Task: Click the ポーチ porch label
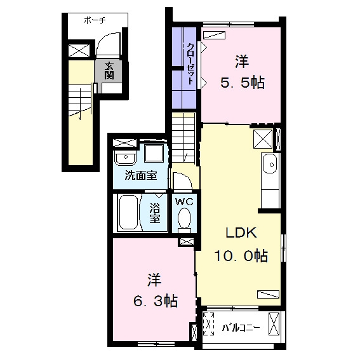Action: pyautogui.click(x=95, y=21)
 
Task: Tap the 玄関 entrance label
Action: pyautogui.click(x=109, y=71)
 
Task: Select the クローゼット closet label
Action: pyautogui.click(x=190, y=64)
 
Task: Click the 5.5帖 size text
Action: pyautogui.click(x=242, y=83)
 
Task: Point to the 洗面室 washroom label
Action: pyautogui.click(x=141, y=175)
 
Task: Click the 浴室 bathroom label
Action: pyautogui.click(x=154, y=213)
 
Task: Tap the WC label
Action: pyautogui.click(x=184, y=202)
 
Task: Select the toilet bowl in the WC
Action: pyautogui.click(x=184, y=219)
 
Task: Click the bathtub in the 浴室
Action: pyautogui.click(x=128, y=212)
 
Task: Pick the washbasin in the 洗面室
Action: pyautogui.click(x=125, y=158)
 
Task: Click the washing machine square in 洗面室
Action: pyautogui.click(x=154, y=153)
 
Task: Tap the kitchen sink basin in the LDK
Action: pyautogui.click(x=270, y=165)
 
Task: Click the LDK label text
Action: pyautogui.click(x=241, y=233)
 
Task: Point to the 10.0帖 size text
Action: pyautogui.click(x=241, y=255)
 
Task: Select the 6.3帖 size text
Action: pyautogui.click(x=155, y=301)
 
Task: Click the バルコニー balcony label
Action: pyautogui.click(x=241, y=328)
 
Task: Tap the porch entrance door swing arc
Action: pyautogui.click(x=102, y=38)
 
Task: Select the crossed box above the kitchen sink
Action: pyautogui.click(x=263, y=139)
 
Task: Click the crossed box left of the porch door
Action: pyautogui.click(x=79, y=51)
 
